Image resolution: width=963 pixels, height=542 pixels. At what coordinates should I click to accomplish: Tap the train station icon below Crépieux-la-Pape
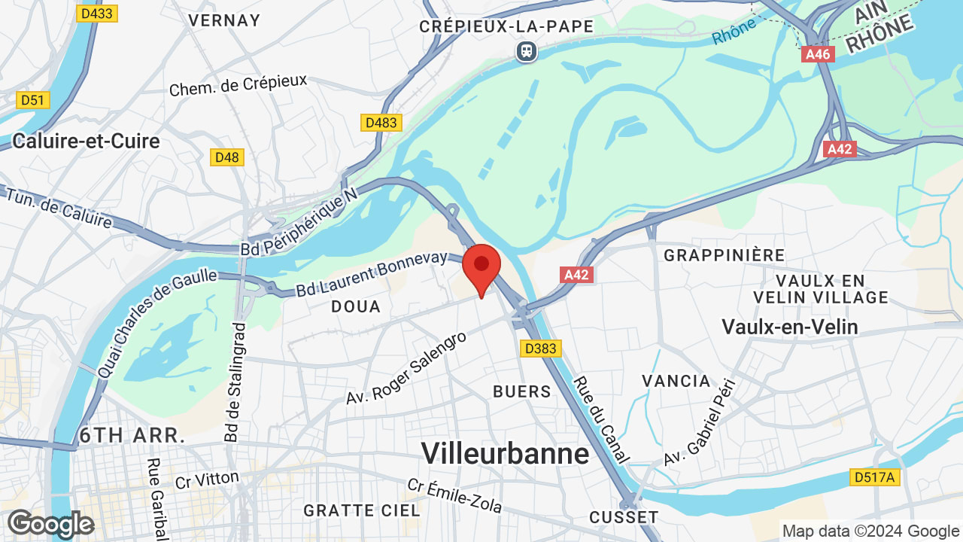pyautogui.click(x=527, y=51)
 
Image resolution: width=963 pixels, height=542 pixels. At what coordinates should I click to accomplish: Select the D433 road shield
pyautogui.click(x=97, y=13)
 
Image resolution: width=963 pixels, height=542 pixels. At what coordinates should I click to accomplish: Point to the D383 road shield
pyautogui.click(x=540, y=348)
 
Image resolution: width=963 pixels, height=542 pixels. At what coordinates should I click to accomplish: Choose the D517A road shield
pyautogui.click(x=876, y=477)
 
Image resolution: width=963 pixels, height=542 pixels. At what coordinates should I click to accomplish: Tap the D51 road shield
pyautogui.click(x=33, y=100)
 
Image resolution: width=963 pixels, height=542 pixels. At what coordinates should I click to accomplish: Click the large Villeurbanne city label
pyautogui.click(x=505, y=453)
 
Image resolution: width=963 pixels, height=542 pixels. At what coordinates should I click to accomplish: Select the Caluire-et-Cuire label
pyautogui.click(x=87, y=141)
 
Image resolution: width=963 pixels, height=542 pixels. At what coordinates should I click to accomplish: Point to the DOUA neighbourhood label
pyautogui.click(x=356, y=307)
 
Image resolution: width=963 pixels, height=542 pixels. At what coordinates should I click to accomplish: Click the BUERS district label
pyautogui.click(x=522, y=391)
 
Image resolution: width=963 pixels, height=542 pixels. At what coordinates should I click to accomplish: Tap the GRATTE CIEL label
pyautogui.click(x=362, y=510)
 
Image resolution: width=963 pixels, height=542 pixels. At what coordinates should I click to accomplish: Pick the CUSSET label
pyautogui.click(x=624, y=517)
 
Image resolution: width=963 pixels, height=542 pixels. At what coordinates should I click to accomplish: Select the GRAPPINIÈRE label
pyautogui.click(x=725, y=255)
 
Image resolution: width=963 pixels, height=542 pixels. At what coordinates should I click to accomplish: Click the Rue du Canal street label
pyautogui.click(x=602, y=419)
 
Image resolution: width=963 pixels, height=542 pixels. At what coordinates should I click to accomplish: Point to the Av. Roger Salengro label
pyautogui.click(x=406, y=367)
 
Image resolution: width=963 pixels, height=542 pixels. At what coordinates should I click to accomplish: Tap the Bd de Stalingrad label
pyautogui.click(x=235, y=382)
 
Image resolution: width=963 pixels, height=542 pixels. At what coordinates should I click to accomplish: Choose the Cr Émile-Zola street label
pyautogui.click(x=454, y=496)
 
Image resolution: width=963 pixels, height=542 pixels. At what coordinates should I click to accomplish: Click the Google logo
pyautogui.click(x=50, y=524)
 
